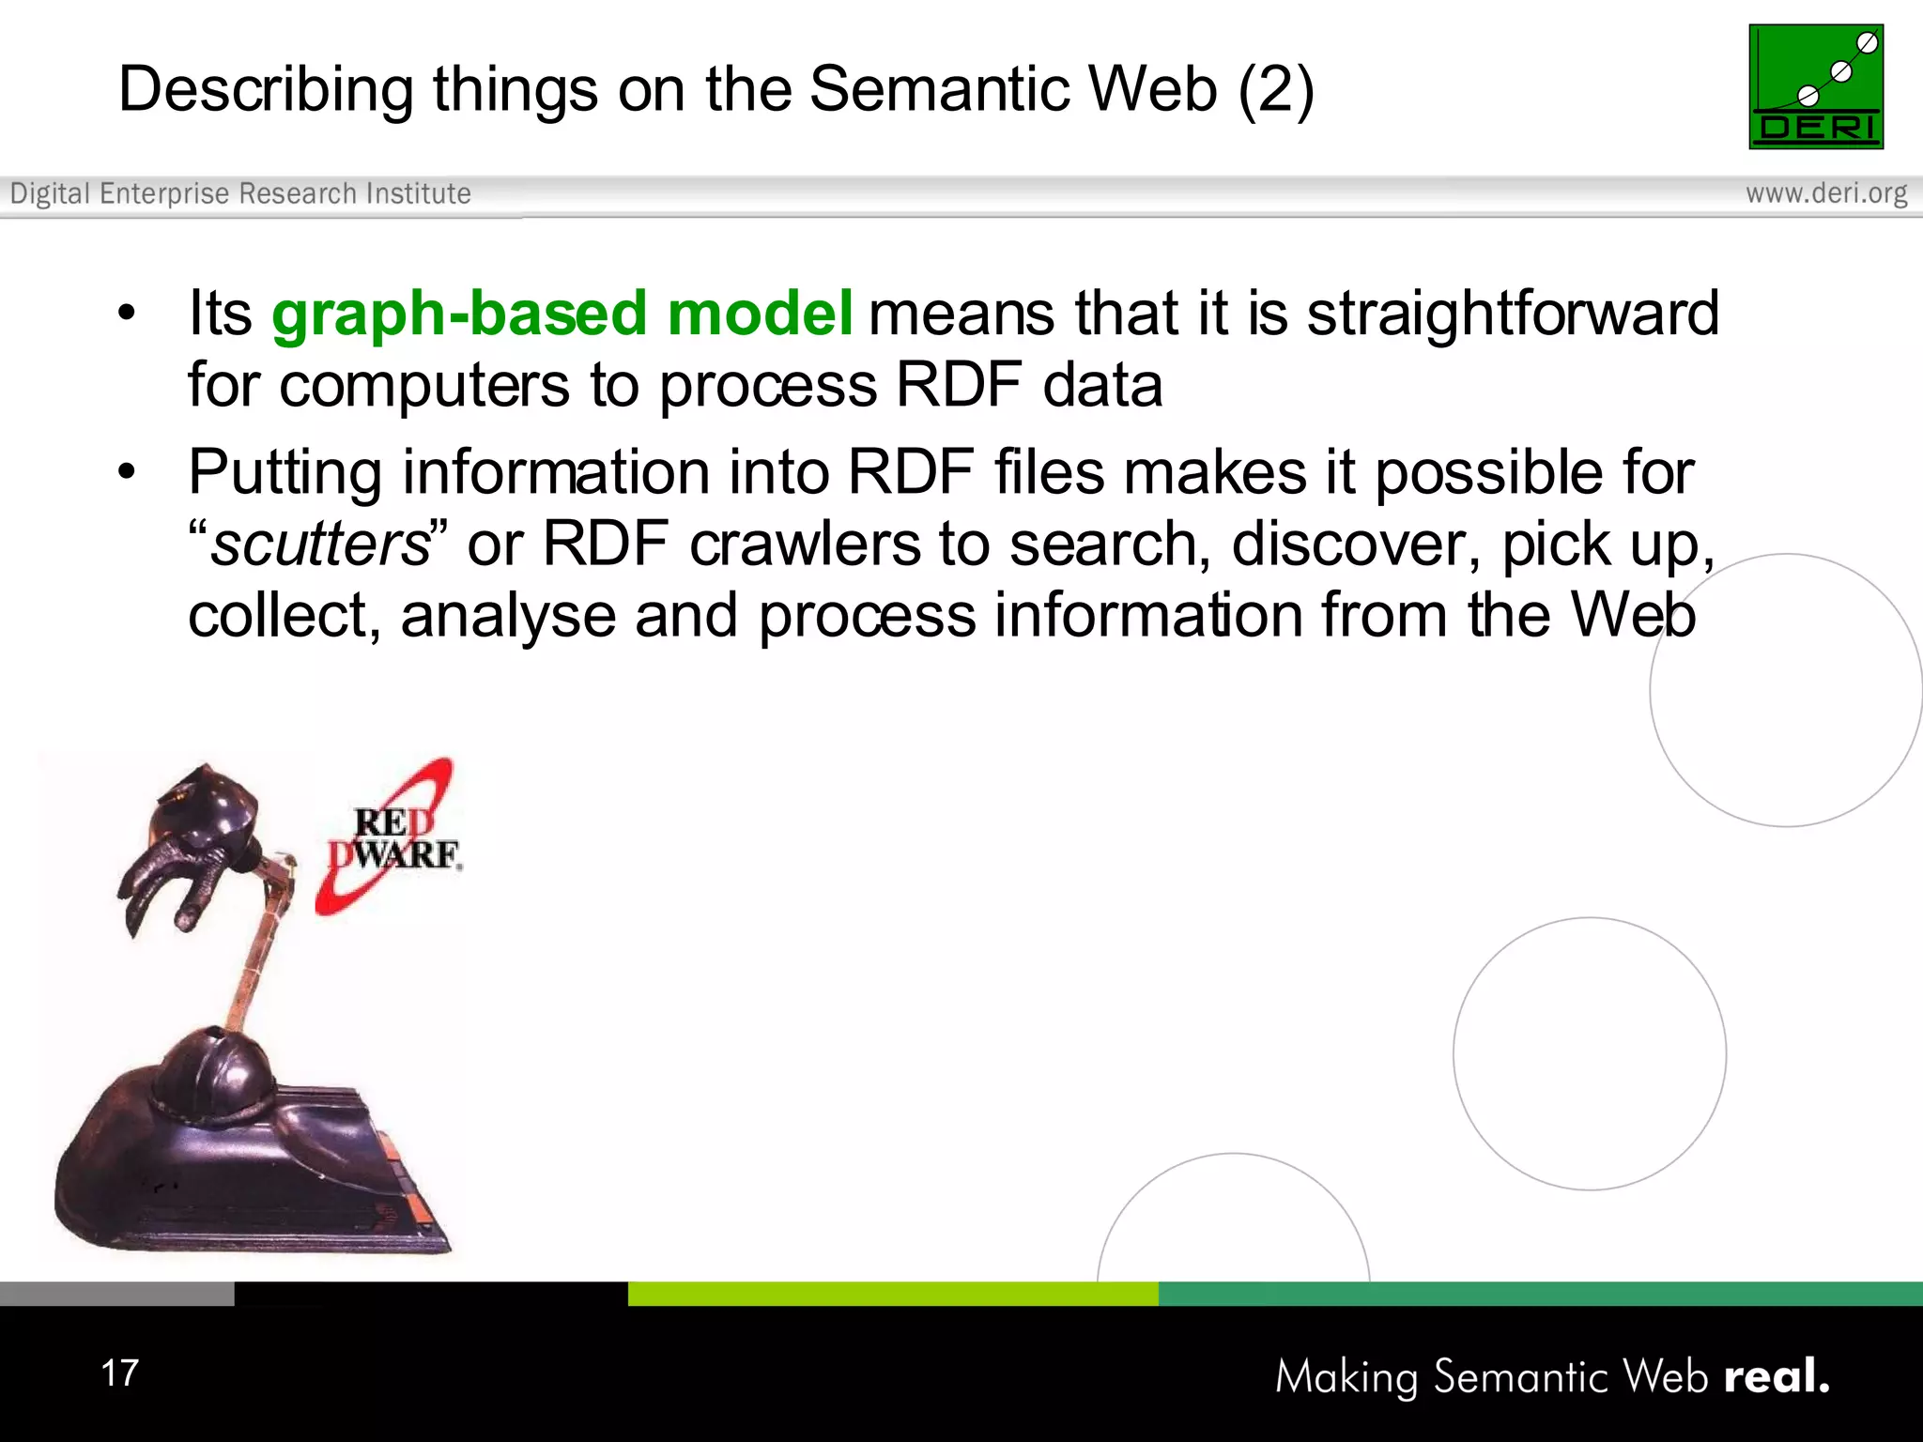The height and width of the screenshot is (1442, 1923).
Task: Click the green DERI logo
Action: (x=1815, y=86)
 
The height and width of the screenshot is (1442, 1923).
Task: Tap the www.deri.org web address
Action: (x=1825, y=193)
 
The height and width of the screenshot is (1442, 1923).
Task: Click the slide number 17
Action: (x=120, y=1373)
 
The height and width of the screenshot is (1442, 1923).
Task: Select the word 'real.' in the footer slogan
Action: (x=1776, y=1376)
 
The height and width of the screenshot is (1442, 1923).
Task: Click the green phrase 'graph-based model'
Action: (x=562, y=314)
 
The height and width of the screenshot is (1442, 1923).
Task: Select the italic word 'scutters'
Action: (x=319, y=545)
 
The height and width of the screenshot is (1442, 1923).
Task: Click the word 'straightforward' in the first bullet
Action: (x=1512, y=314)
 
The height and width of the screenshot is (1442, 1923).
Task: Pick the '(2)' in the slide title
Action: (x=1275, y=90)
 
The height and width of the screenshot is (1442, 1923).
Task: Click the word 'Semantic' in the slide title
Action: (x=939, y=90)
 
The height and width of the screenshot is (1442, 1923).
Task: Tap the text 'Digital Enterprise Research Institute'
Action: (x=240, y=193)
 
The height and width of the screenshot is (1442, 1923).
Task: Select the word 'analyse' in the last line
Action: (x=507, y=617)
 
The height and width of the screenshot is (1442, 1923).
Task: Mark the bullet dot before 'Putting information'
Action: (x=127, y=472)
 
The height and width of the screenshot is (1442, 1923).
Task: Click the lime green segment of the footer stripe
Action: (x=892, y=1293)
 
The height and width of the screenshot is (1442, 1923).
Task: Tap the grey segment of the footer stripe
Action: (x=116, y=1293)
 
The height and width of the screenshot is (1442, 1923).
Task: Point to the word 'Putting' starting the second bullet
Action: (x=285, y=472)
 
